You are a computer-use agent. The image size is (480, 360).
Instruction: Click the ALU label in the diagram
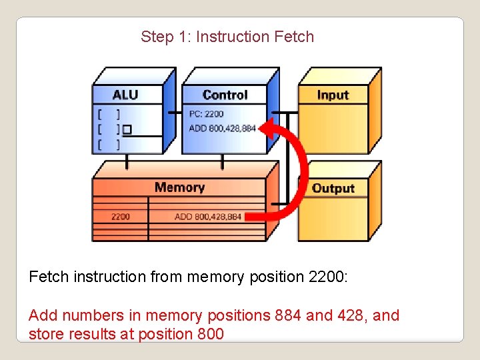coord(125,95)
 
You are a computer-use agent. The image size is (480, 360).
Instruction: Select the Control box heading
coord(225,95)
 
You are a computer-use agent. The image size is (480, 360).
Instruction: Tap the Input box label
coord(333,95)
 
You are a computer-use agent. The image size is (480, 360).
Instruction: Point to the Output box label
coord(333,189)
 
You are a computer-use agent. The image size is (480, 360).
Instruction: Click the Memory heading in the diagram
coord(179,187)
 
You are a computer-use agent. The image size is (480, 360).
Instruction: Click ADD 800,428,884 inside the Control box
coord(223,128)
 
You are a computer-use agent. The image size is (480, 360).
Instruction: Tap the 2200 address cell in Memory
coord(121,217)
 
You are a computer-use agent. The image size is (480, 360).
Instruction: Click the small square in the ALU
coord(127,128)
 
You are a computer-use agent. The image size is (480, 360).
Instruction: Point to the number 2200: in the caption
coord(329,277)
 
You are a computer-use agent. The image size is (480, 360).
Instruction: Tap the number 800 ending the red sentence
coord(211,333)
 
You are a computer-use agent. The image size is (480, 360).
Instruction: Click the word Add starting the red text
coord(42,315)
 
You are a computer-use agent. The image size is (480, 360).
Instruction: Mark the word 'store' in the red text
coord(45,333)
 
